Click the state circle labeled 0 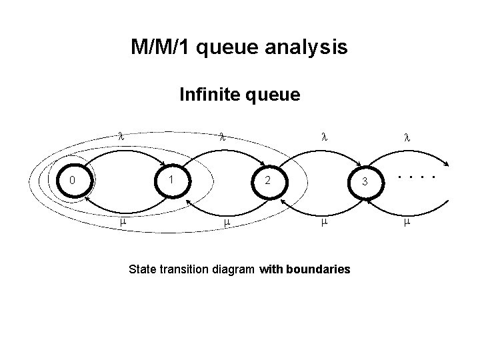coord(57,181)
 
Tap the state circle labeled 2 coord(252,183)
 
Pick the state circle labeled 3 coord(349,183)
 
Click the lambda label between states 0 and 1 coord(121,136)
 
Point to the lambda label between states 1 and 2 coord(223,137)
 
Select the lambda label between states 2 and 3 coord(325,137)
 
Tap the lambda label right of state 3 coord(407,138)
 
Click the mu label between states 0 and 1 coord(123,222)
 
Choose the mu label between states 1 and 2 coord(227,223)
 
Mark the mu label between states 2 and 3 coord(325,222)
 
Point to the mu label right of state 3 coord(407,222)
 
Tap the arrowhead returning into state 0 coord(87,199)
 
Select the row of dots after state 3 coord(417,177)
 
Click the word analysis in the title coord(306,47)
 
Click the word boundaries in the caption coord(318,269)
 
